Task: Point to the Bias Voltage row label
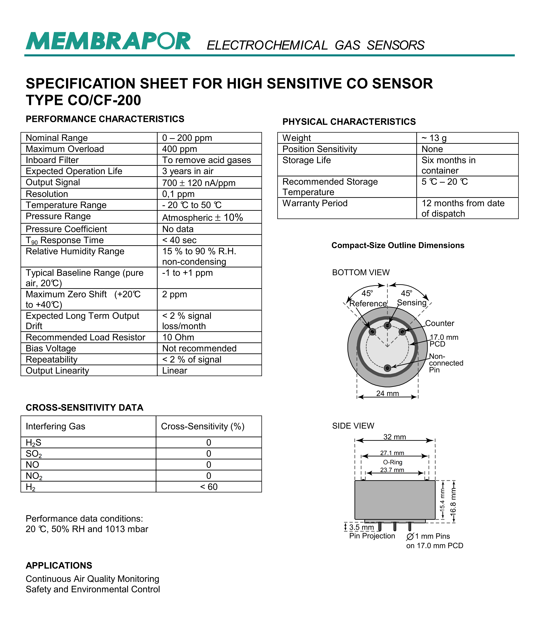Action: pyautogui.click(x=51, y=348)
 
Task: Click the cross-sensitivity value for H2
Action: pyautogui.click(x=209, y=487)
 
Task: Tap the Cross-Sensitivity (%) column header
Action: pyautogui.click(x=203, y=426)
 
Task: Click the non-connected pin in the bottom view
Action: pyautogui.click(x=387, y=368)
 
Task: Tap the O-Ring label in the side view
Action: pyautogui.click(x=393, y=462)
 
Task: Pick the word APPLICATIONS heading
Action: pyautogui.click(x=59, y=566)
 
